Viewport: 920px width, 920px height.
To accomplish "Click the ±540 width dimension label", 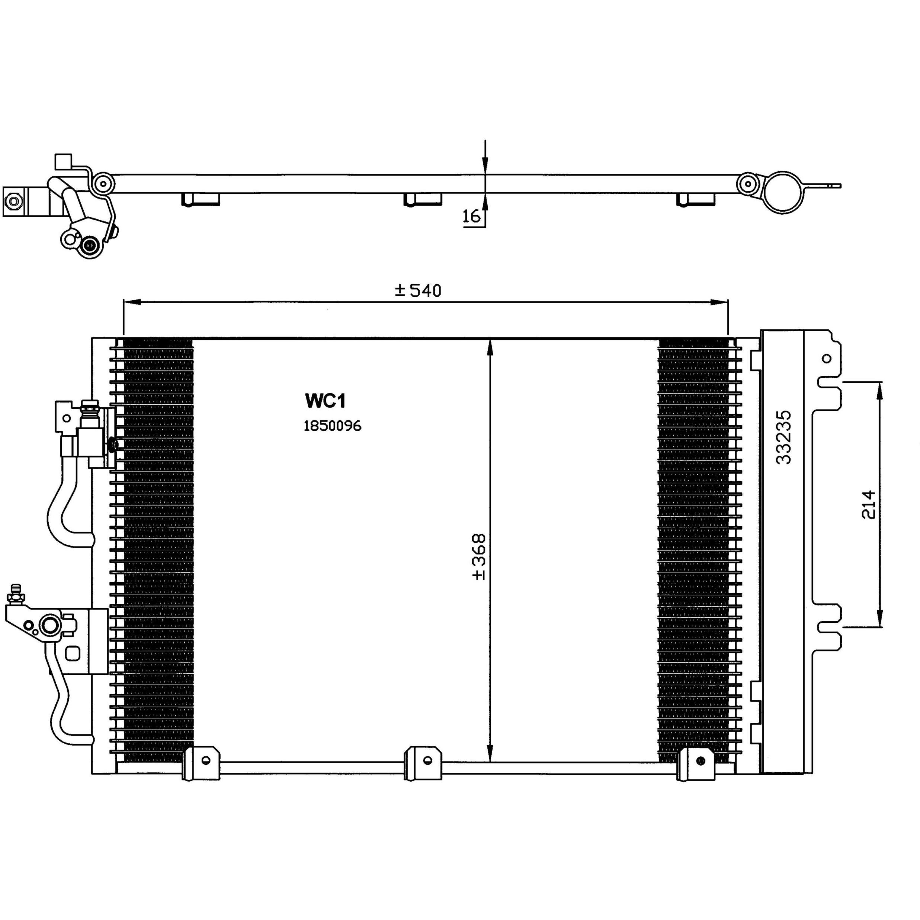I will (x=418, y=291).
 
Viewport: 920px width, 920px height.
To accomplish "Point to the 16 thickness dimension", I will (x=471, y=217).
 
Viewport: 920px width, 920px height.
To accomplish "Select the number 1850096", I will (x=332, y=426).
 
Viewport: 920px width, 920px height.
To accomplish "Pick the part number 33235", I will (x=783, y=437).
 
